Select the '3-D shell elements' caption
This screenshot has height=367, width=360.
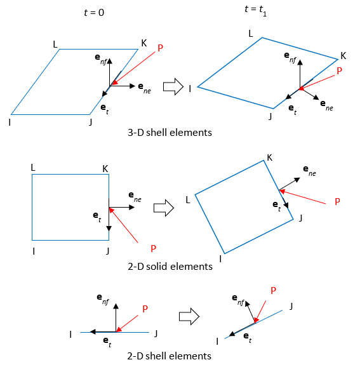(x=170, y=133)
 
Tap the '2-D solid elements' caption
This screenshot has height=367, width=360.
(x=170, y=266)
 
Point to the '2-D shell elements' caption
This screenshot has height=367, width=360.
(x=170, y=356)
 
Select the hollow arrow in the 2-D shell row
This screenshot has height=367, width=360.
(x=189, y=316)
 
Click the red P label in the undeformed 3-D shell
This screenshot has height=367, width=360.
(x=161, y=48)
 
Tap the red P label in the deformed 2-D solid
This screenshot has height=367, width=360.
(x=337, y=201)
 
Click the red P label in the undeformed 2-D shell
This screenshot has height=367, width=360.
(x=145, y=309)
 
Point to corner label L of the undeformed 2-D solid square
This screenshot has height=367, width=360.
(x=33, y=167)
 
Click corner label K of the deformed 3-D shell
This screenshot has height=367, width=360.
(x=343, y=55)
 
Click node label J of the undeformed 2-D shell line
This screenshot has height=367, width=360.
(x=156, y=333)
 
